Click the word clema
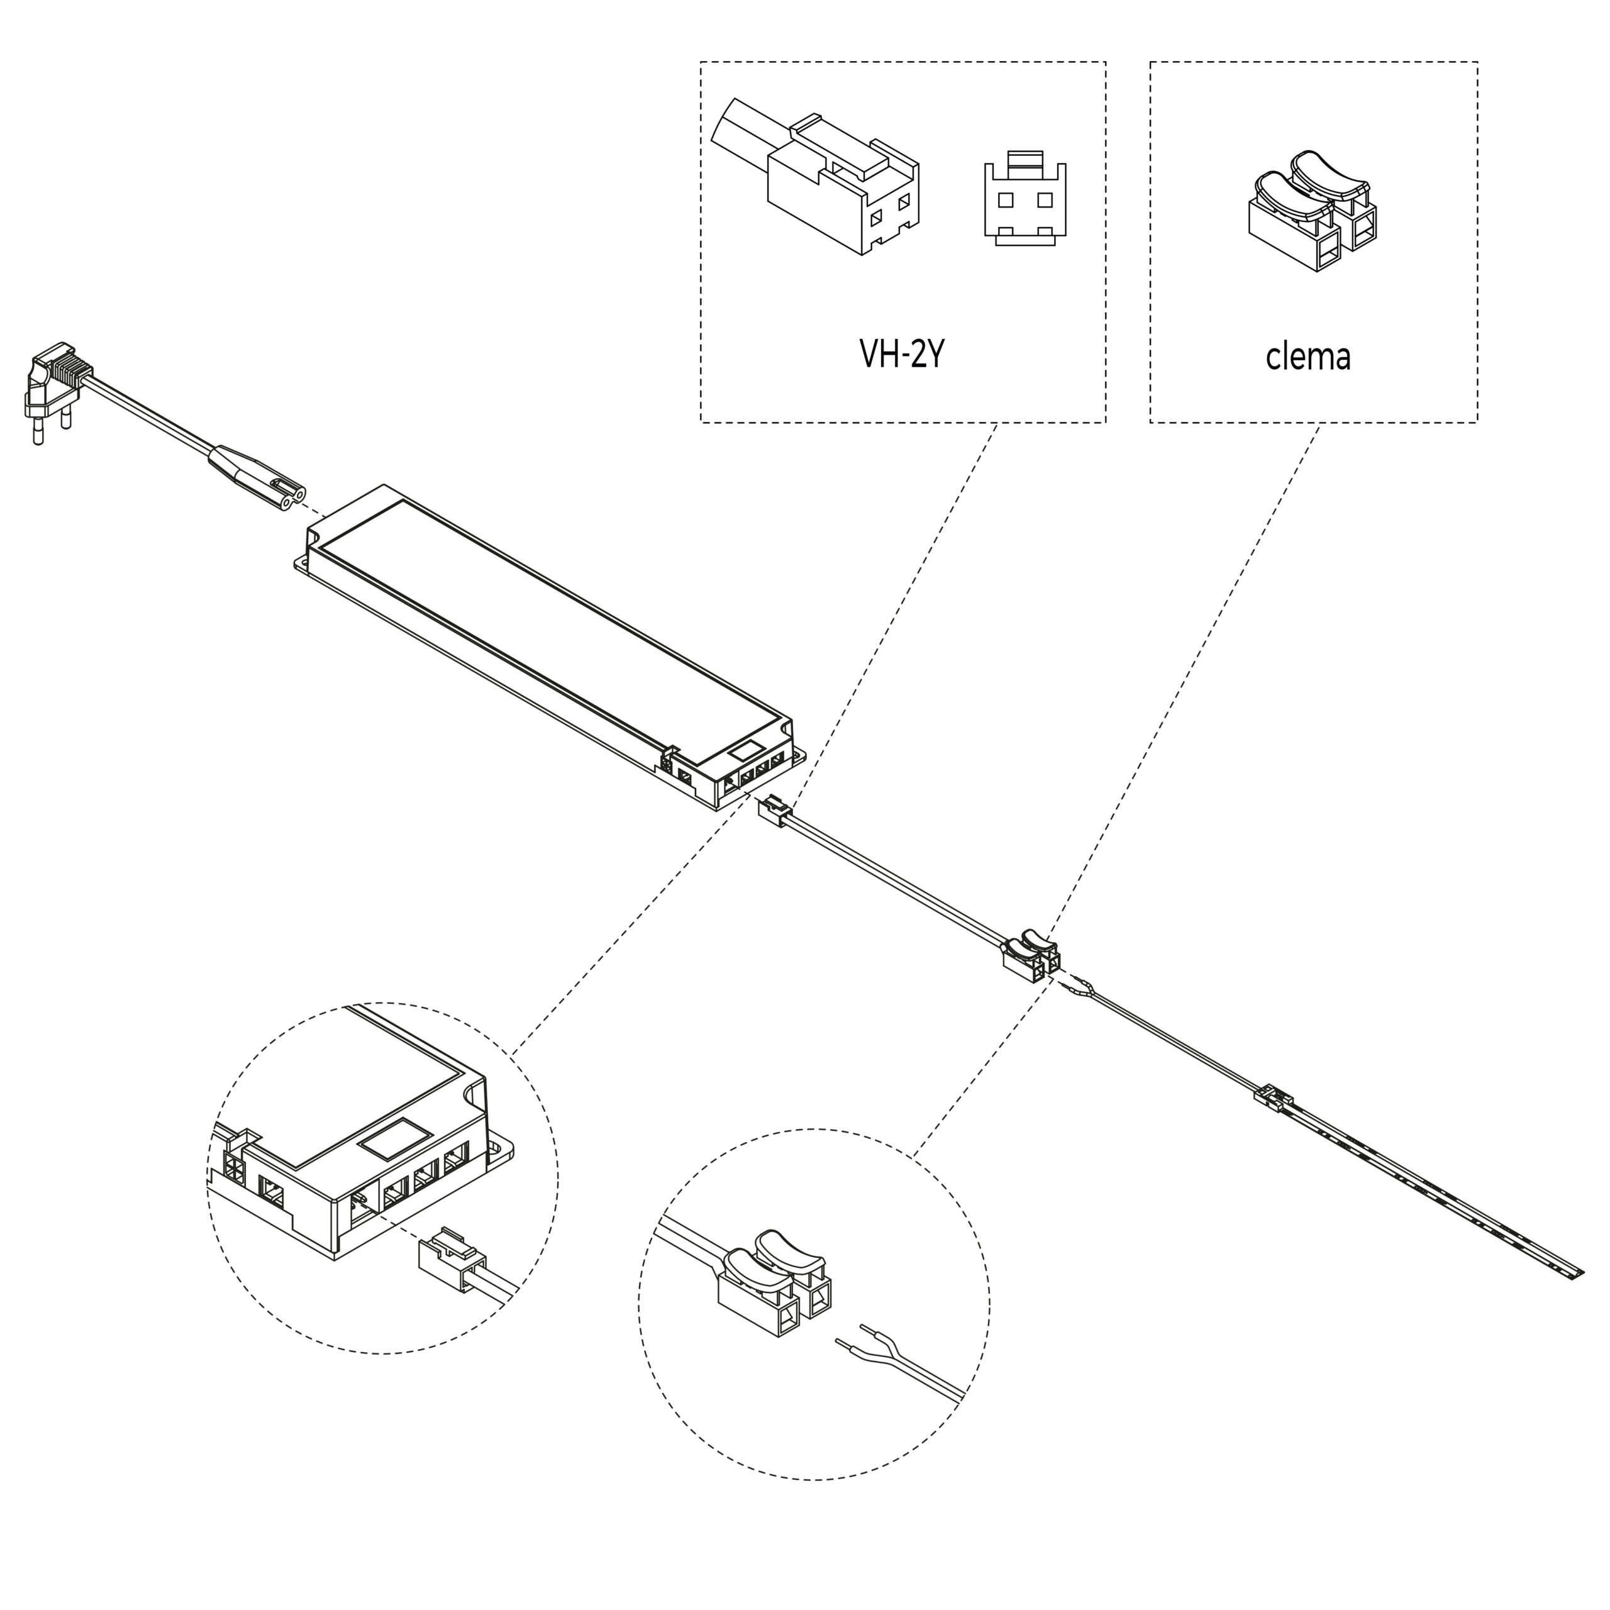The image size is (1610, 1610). tap(1307, 357)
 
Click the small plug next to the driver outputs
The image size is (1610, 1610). tap(774, 811)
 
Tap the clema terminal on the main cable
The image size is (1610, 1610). tap(1030, 954)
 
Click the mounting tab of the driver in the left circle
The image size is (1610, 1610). tap(500, 1151)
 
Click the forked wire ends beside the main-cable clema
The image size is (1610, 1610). tap(1082, 987)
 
